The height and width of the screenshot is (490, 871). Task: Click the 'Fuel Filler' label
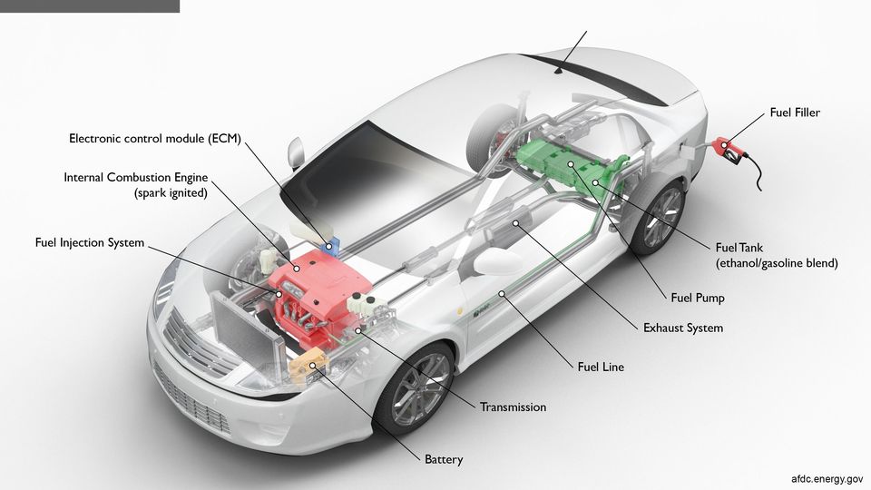795,113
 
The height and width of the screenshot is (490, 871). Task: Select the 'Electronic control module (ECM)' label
155,138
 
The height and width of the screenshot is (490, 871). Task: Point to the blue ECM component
331,246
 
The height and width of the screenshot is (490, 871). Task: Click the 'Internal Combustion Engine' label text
135,178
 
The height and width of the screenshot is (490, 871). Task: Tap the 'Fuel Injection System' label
90,243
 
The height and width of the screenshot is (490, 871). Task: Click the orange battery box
308,366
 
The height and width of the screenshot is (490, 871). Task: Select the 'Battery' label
444,459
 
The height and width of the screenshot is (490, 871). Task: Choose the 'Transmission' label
513,407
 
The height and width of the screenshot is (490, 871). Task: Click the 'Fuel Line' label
601,367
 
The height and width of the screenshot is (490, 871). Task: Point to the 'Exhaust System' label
683,328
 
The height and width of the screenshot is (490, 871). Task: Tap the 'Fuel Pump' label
698,298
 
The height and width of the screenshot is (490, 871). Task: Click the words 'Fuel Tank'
739,248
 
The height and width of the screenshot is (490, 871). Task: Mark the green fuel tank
573,164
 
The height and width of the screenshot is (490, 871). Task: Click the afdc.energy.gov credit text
827,479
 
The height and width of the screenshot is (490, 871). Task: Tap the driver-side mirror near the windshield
296,152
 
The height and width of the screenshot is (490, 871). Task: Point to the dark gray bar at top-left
90,6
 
